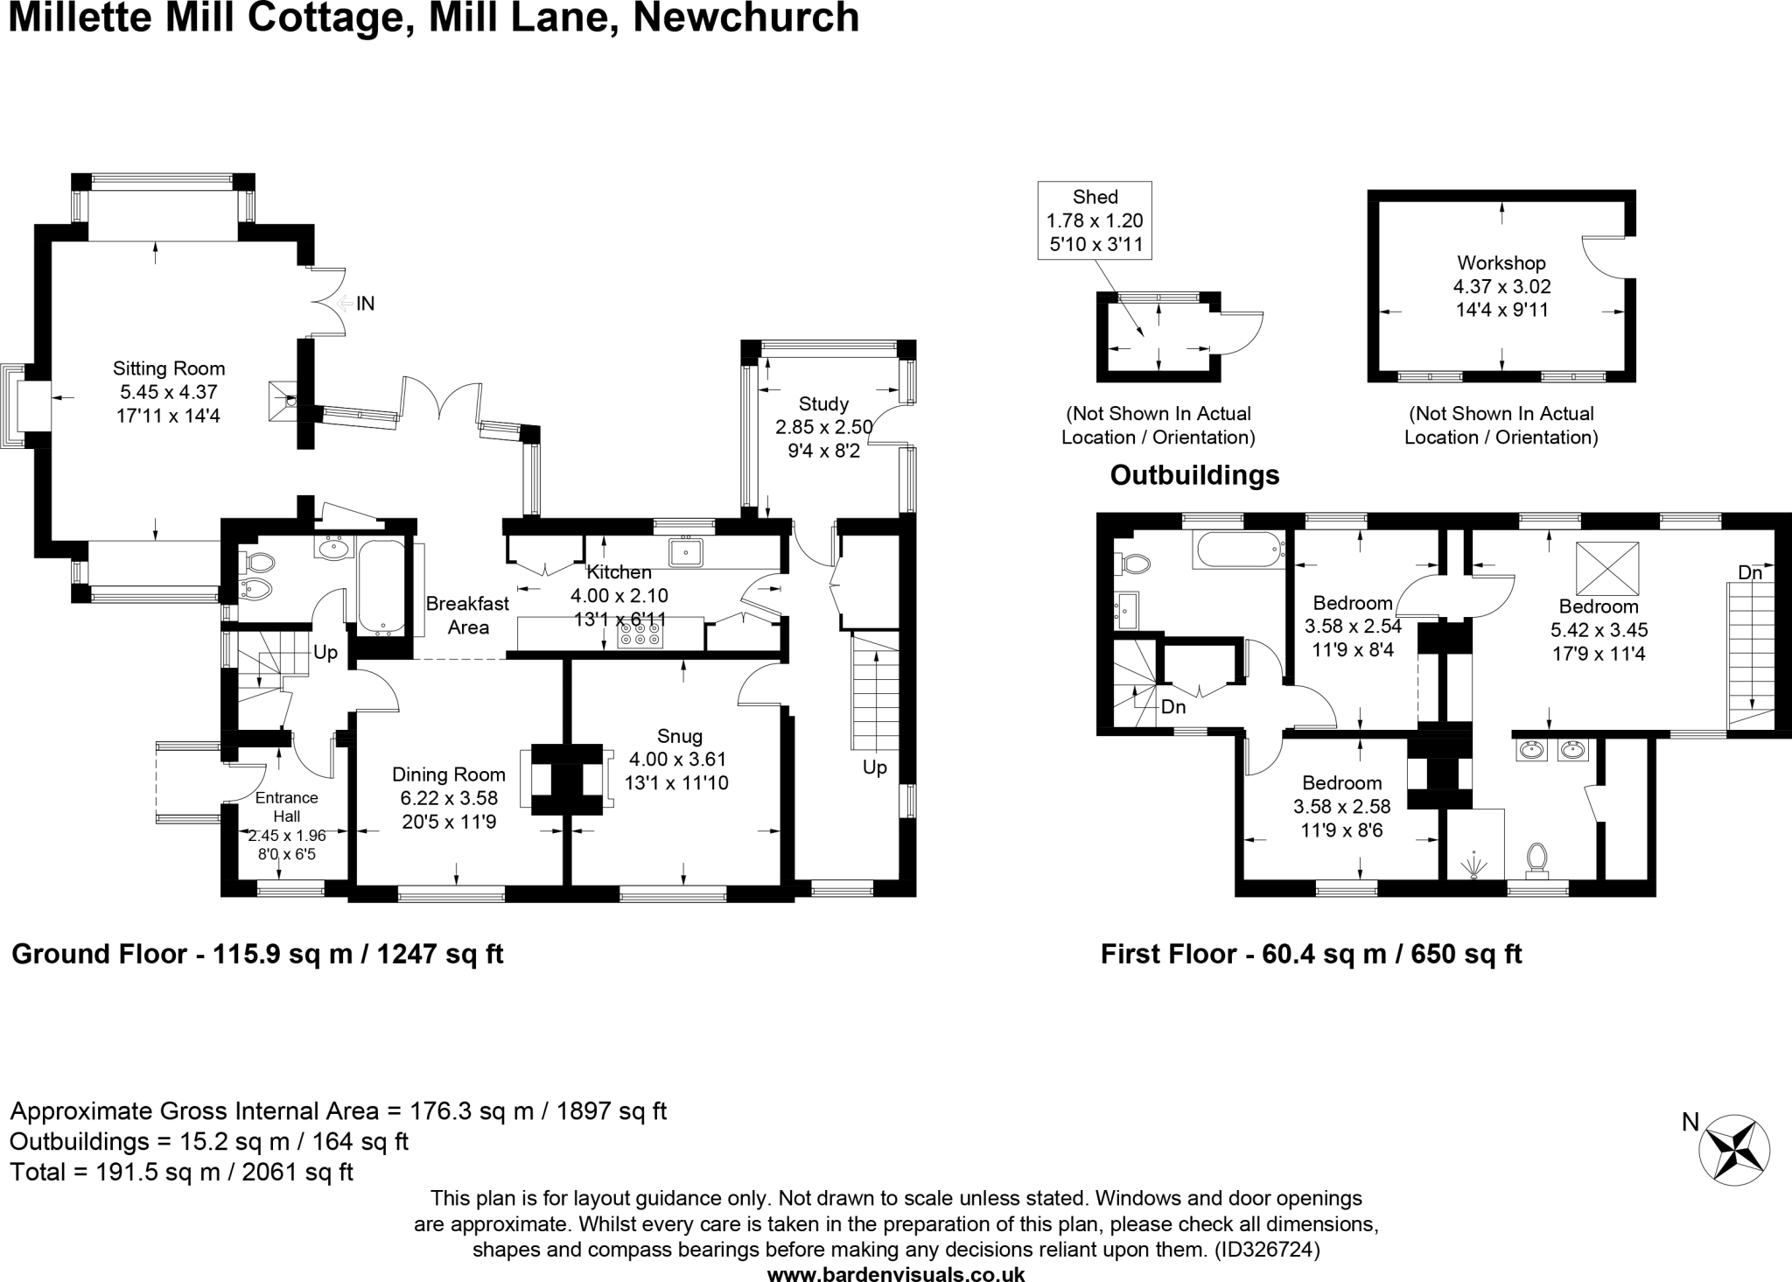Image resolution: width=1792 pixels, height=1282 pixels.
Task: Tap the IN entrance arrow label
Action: pyautogui.click(x=365, y=304)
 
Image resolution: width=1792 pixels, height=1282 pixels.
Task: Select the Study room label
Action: pyautogui.click(x=823, y=403)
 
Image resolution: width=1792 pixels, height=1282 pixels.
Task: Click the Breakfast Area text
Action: pyautogui.click(x=467, y=615)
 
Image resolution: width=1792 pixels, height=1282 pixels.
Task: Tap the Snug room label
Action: pyautogui.click(x=679, y=736)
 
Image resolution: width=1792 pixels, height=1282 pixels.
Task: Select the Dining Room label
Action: pyautogui.click(x=448, y=774)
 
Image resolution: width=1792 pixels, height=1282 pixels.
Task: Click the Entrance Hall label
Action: pyautogui.click(x=286, y=806)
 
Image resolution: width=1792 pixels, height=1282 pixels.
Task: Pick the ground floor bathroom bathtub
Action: pyautogui.click(x=381, y=586)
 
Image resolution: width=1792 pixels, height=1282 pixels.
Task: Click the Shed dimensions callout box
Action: pyautogui.click(x=1095, y=221)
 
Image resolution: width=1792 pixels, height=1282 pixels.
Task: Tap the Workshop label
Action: pyautogui.click(x=1501, y=263)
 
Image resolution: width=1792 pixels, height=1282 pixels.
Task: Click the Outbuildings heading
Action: pyautogui.click(x=1194, y=475)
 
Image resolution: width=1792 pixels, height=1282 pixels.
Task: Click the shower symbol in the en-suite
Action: pyautogui.click(x=1474, y=864)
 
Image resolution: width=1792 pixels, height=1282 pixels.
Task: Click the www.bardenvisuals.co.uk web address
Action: pyautogui.click(x=896, y=1273)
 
